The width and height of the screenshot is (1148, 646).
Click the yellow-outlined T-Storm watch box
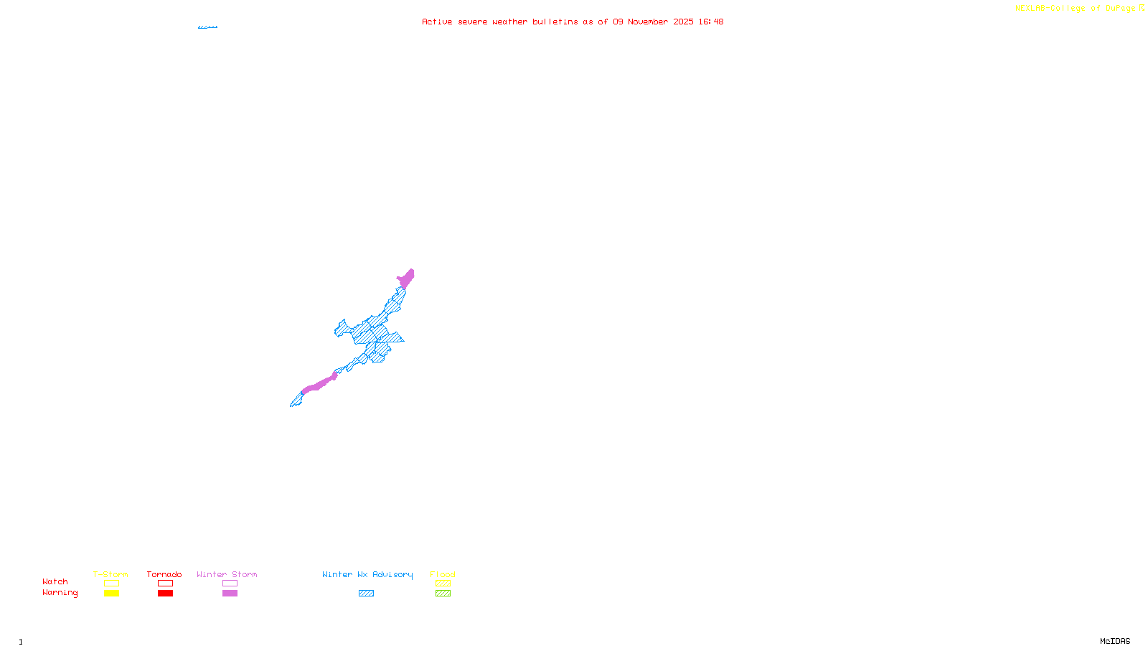(x=111, y=584)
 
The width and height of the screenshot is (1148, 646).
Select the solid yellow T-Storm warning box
(x=111, y=594)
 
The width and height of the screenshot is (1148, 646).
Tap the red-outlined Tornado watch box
(x=165, y=584)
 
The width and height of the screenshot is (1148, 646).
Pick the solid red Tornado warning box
(x=165, y=594)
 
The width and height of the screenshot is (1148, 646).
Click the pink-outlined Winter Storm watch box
(x=230, y=584)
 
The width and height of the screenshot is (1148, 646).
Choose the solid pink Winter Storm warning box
(x=230, y=594)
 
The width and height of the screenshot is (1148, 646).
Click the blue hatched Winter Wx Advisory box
(x=366, y=594)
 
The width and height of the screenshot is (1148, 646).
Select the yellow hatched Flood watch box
(x=443, y=584)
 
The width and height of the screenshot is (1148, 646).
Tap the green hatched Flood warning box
(x=443, y=594)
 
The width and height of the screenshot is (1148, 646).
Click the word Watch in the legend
(x=55, y=582)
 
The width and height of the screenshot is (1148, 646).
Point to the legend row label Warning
(x=60, y=593)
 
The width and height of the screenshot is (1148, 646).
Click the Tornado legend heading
(x=164, y=574)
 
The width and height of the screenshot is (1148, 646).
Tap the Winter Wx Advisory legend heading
(x=367, y=574)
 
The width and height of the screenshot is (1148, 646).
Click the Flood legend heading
(x=443, y=574)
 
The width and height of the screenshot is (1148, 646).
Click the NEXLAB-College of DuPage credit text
(x=1076, y=9)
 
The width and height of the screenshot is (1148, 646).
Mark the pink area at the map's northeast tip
(x=406, y=278)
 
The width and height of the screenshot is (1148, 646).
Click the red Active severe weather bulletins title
(x=573, y=22)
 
